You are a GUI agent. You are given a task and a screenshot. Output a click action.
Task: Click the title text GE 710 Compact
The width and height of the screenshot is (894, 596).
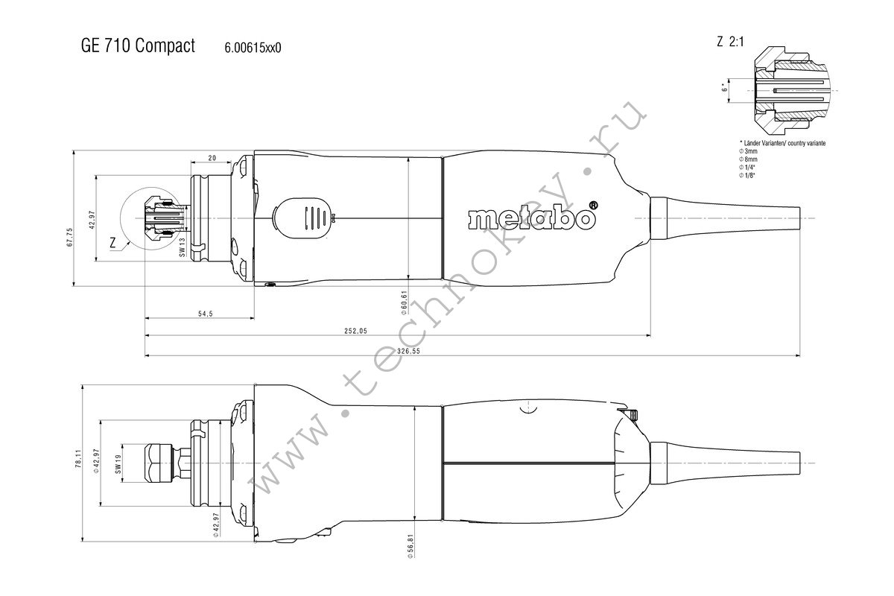tap(138, 45)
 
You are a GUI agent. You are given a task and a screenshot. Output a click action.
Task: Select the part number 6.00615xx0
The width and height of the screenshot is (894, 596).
tap(253, 48)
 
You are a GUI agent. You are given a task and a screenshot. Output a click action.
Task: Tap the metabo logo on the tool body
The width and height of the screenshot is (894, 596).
tap(533, 216)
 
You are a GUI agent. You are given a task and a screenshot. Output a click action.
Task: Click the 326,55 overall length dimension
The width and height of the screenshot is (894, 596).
tap(408, 352)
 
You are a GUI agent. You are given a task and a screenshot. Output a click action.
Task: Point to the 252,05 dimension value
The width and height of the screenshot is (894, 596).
tap(355, 331)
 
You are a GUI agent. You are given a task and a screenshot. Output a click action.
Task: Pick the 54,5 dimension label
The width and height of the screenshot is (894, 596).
tap(205, 314)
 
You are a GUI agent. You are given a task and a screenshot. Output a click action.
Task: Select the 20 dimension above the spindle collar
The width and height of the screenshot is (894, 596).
tap(212, 158)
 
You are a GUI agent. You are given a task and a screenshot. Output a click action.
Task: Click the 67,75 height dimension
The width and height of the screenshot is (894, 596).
tap(70, 237)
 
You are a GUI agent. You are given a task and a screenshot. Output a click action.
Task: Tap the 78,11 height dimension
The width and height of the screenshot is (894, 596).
tap(78, 459)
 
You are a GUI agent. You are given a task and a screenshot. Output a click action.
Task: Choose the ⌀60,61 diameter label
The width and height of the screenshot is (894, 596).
tap(404, 302)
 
